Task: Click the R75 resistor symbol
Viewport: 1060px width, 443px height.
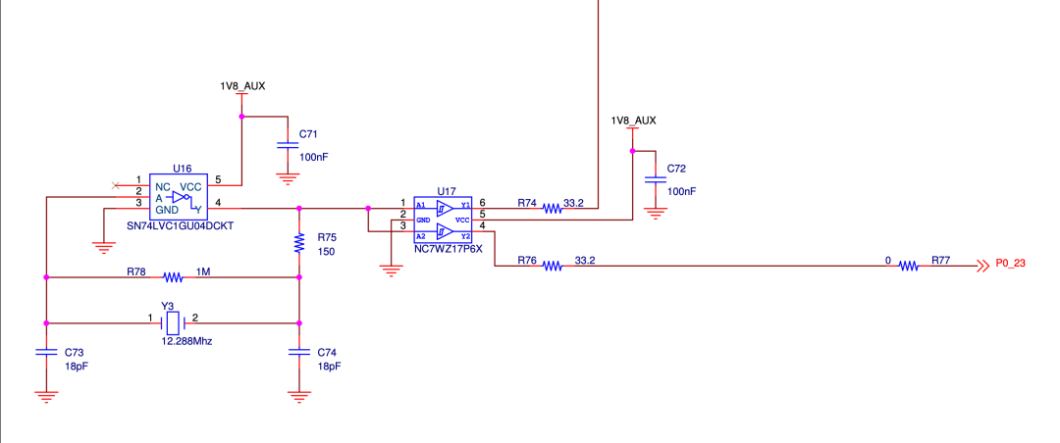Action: click(x=298, y=243)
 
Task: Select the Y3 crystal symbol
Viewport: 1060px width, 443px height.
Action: click(x=173, y=322)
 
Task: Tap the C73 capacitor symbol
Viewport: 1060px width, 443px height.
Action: click(x=46, y=352)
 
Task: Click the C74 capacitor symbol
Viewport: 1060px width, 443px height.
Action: click(x=298, y=352)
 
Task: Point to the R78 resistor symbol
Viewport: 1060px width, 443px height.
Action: click(x=173, y=276)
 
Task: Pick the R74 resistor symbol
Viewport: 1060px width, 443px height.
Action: click(x=552, y=210)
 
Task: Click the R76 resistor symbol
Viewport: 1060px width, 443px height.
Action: click(x=552, y=266)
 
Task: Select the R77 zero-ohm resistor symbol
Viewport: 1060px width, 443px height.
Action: click(x=909, y=266)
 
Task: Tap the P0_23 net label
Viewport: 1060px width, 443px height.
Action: click(x=1011, y=264)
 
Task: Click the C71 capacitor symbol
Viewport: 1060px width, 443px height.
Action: click(x=288, y=144)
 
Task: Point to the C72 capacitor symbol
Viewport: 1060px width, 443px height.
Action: click(x=655, y=179)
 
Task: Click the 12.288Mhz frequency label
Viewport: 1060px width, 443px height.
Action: click(x=186, y=342)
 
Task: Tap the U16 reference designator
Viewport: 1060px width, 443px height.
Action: click(x=182, y=167)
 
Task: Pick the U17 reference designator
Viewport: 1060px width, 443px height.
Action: click(x=447, y=190)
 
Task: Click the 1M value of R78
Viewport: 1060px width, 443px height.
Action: click(x=203, y=271)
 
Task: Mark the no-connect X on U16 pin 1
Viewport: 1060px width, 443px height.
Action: click(x=115, y=184)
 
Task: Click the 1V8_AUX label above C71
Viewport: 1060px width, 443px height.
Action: click(x=242, y=86)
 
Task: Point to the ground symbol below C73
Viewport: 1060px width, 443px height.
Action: click(x=46, y=396)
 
